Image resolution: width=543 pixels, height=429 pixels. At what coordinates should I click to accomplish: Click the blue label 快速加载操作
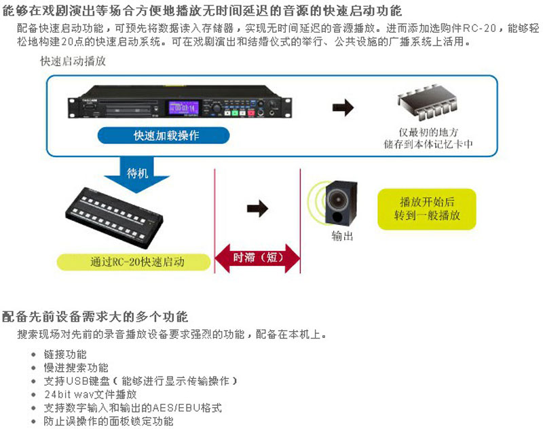166,135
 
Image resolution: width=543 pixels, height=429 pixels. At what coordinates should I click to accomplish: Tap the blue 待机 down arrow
137,173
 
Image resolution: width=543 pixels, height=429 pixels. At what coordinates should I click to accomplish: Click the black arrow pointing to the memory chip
343,106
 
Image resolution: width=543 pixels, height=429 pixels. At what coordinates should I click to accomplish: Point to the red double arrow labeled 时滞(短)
257,258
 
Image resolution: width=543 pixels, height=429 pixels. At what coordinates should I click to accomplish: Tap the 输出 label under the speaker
342,236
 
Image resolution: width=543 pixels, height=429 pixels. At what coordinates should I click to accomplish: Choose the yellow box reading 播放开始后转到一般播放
426,208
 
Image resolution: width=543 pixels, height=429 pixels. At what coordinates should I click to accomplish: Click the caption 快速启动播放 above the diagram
73,62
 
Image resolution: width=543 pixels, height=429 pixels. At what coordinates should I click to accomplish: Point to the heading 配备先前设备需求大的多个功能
96,317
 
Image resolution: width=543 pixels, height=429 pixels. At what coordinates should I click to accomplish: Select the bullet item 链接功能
65,354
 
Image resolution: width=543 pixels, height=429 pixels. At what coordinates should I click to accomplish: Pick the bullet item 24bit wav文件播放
90,394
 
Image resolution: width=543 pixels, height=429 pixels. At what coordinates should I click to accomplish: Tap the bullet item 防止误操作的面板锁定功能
109,421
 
